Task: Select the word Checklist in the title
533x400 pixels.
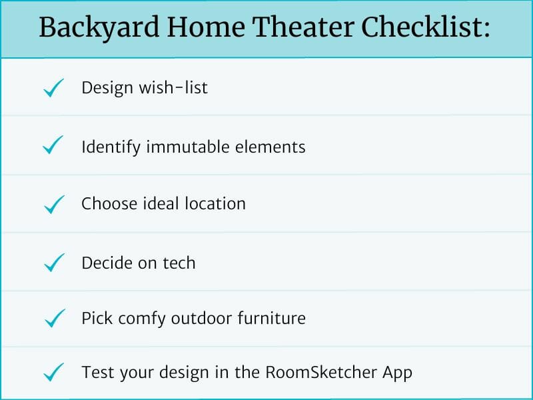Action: pos(427,28)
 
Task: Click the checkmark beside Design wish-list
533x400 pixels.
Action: pos(53,88)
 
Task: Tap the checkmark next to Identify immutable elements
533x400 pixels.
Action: pos(53,146)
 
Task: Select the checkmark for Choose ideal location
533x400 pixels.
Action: pos(53,204)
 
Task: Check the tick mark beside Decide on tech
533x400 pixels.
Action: pos(53,263)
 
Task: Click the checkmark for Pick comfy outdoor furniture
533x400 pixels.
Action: pos(53,319)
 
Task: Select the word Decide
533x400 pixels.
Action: pos(106,263)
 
